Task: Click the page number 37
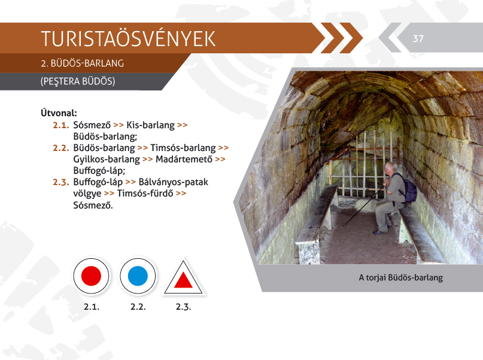(418, 38)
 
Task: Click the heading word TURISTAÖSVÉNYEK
(128, 39)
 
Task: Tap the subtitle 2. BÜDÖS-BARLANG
(82, 63)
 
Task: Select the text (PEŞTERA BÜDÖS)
(78, 81)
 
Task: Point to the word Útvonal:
(59, 113)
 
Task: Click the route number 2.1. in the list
(61, 125)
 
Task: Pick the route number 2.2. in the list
(61, 148)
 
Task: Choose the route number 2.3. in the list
(61, 182)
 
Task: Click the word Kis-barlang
(150, 125)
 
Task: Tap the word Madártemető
(184, 159)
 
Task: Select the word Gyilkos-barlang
(107, 160)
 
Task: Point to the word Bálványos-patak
(174, 182)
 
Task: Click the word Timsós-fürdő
(145, 193)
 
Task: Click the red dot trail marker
(91, 276)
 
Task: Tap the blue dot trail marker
(138, 276)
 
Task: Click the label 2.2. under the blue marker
(138, 307)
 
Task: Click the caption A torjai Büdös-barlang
(401, 278)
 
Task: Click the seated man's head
(390, 168)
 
